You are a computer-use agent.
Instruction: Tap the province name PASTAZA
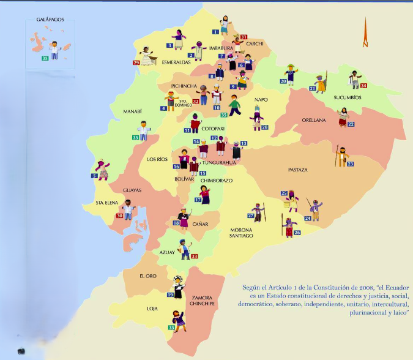click(298, 170)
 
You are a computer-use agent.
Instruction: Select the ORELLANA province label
click(313, 120)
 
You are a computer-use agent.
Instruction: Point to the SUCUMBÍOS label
click(348, 97)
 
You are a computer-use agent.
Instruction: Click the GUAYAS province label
click(132, 190)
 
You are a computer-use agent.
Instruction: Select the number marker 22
click(351, 124)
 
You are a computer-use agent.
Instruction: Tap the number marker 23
click(350, 164)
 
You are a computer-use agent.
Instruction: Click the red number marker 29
click(136, 62)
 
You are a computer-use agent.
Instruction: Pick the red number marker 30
click(119, 216)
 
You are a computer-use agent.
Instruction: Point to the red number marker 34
click(363, 86)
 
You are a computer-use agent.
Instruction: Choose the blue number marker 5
click(95, 176)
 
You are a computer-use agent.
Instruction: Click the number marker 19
click(170, 294)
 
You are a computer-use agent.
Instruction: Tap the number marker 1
click(215, 31)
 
